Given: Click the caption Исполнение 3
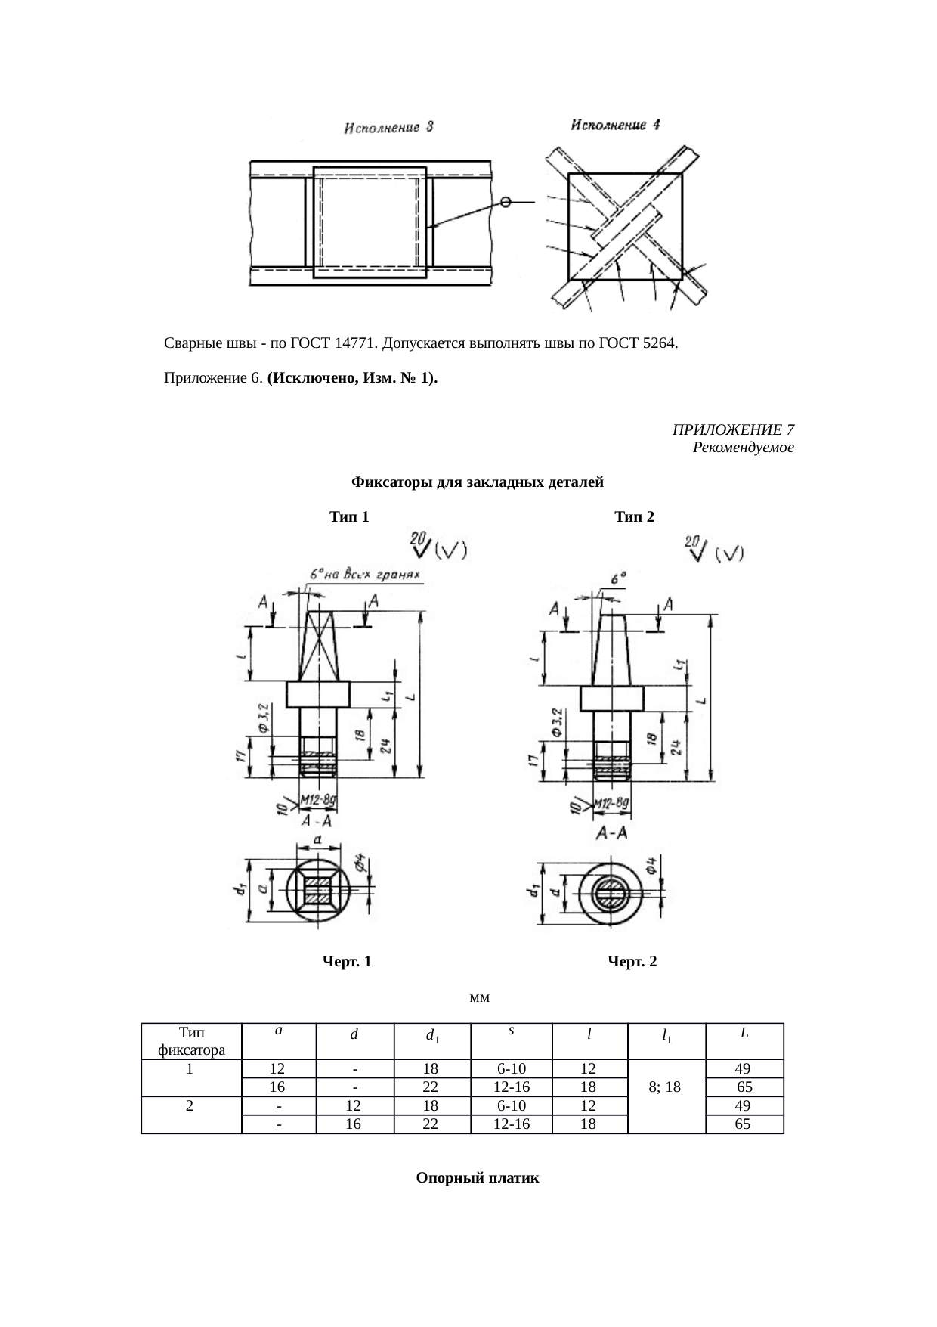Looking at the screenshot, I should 388,128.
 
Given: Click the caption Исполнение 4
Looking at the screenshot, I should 615,126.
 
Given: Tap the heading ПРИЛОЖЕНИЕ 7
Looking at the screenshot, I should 732,430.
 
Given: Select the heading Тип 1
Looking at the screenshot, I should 349,517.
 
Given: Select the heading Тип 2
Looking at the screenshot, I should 634,517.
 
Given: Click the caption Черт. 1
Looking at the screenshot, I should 347,962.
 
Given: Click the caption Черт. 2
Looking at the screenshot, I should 632,962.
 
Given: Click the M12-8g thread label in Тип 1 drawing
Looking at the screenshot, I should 318,798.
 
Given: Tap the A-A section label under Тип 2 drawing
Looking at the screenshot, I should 612,833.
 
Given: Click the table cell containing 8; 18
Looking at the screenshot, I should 665,1087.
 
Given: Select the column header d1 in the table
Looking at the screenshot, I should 432,1036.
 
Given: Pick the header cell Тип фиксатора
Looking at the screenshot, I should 191,1040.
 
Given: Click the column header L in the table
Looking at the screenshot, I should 744,1032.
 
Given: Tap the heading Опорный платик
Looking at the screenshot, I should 478,1178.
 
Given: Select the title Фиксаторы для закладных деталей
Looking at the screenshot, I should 478,482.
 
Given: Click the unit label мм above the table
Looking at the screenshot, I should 479,997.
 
